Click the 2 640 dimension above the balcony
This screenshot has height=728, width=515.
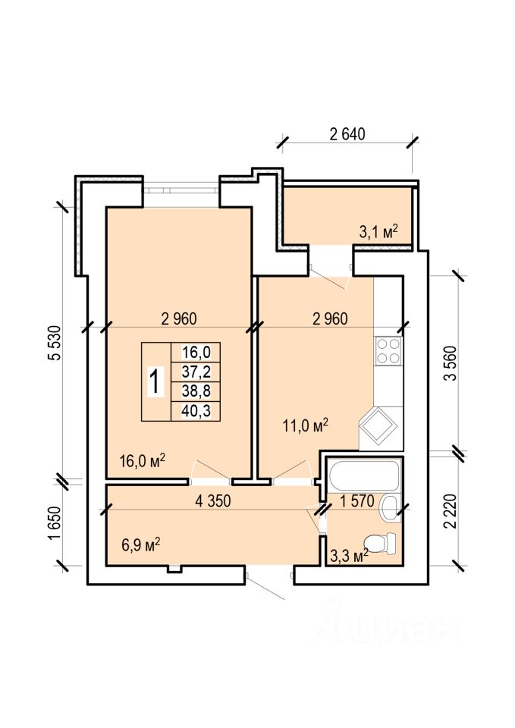347,134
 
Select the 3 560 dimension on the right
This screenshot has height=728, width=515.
450,363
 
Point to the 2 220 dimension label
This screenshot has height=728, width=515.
450,511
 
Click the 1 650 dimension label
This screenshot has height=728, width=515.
54,524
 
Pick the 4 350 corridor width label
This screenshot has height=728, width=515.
213,501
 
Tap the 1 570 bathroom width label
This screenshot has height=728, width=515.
356,501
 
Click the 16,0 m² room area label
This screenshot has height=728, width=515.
143,460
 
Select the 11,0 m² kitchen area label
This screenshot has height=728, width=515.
306,425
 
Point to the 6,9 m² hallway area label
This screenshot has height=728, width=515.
141,544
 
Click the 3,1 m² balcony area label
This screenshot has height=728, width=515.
379,231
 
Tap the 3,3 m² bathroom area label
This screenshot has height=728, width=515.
349,554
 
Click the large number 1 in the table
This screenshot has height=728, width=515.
156,381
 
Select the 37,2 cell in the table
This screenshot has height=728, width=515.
196,372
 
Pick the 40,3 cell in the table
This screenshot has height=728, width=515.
196,411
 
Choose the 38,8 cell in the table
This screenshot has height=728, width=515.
196,391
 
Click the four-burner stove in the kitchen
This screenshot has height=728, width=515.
388,351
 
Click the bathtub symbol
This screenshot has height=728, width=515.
363,475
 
